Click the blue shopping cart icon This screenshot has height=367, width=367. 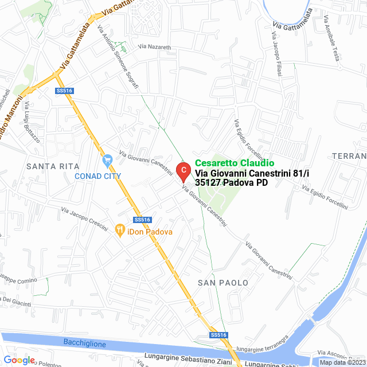[107, 160]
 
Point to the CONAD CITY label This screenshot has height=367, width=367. [98, 176]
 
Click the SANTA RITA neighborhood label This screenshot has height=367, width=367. [53, 166]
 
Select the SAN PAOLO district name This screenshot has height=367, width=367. [223, 283]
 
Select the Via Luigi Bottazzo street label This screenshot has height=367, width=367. [31, 121]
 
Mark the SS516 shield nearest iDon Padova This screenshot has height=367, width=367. [142, 220]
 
